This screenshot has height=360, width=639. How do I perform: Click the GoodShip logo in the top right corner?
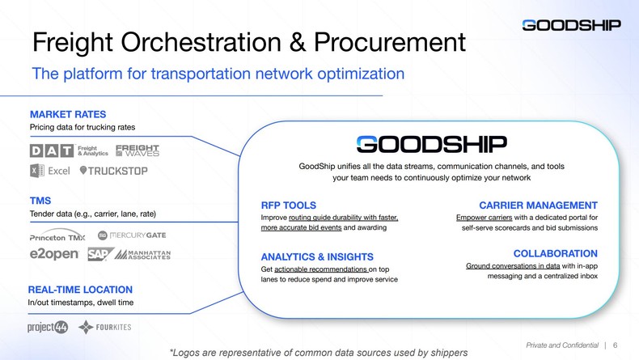coord(571,25)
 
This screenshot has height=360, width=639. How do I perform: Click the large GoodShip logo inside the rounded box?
coord(431,144)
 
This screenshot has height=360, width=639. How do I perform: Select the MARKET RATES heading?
coord(68,114)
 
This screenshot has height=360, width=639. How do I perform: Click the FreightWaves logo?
coord(138,151)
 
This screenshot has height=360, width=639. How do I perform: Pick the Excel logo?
coord(50,171)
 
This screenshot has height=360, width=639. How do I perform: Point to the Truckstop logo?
coord(113,171)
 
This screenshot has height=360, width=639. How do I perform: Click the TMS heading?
coord(40,201)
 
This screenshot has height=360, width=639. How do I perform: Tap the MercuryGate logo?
coord(133,235)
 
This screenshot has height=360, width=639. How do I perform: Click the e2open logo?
coord(54,255)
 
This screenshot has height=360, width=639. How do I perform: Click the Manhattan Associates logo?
coord(142,255)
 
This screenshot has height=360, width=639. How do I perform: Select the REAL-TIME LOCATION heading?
coord(80,290)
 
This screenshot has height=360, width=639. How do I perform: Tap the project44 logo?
coord(48,327)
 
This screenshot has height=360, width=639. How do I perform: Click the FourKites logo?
coord(105,327)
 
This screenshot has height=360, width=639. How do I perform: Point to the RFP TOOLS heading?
coord(289,205)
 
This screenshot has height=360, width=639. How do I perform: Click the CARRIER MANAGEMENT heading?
coord(538,205)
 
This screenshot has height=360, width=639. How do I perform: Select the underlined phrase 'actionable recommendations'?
coord(321,269)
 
